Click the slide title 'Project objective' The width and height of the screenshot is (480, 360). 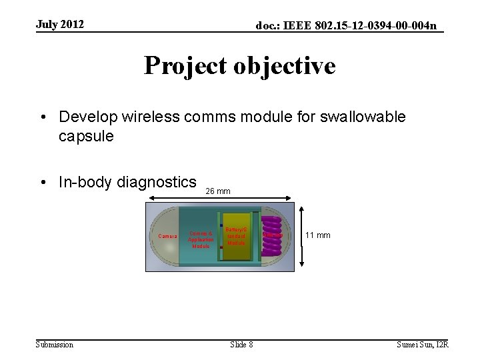pos(239,66)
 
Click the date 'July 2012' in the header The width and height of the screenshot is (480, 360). pos(60,25)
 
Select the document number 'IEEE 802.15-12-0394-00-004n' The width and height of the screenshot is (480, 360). pos(360,26)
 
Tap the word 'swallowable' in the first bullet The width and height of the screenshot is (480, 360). pos(363,117)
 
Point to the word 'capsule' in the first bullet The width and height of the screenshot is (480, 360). pos(86,136)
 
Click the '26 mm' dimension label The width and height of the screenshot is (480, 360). pos(218,191)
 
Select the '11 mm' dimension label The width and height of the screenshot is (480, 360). pos(318,235)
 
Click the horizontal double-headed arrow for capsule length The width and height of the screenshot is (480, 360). pos(219,198)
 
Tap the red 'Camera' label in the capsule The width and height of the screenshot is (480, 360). pos(167,236)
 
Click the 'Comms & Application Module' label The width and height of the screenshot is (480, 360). pos(201,239)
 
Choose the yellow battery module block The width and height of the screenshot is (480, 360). pos(237,237)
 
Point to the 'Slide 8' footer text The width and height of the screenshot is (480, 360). pos(241,344)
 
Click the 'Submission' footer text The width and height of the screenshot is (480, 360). pos(55,344)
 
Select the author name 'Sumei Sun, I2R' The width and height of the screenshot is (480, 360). pos(423,344)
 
